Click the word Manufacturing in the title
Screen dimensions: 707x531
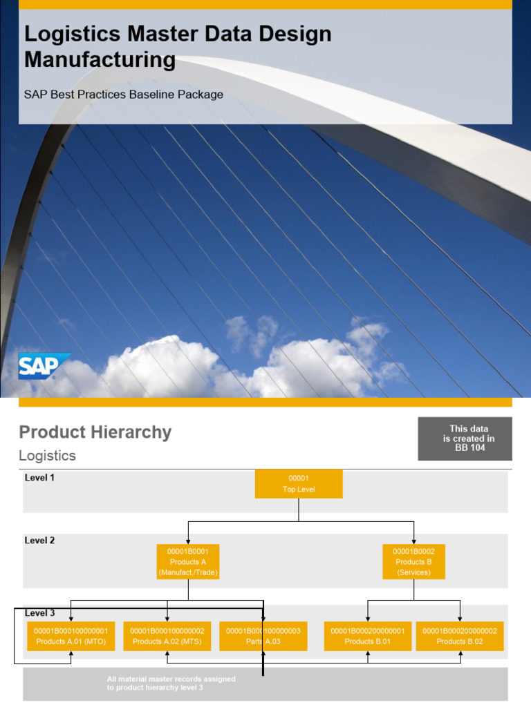pos(100,60)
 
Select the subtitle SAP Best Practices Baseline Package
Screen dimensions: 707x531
pos(124,95)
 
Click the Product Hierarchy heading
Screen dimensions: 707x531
pos(95,433)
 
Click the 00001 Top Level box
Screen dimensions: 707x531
pos(299,483)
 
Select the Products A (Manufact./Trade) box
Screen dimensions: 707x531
pos(188,561)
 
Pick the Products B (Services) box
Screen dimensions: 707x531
pos(413,561)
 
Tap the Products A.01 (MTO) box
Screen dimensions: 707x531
pos(71,636)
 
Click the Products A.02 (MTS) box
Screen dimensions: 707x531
pos(167,636)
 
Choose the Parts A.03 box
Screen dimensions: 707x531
pos(263,636)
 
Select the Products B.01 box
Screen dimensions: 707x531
pos(368,636)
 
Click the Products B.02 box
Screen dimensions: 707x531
pos(460,636)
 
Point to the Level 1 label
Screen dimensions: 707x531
pos(39,477)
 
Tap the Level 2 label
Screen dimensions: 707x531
pos(39,541)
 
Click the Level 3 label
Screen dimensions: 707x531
pos(39,612)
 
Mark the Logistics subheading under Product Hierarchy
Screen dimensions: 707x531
pos(47,456)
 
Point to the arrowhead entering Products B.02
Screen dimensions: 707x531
pos(460,619)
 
